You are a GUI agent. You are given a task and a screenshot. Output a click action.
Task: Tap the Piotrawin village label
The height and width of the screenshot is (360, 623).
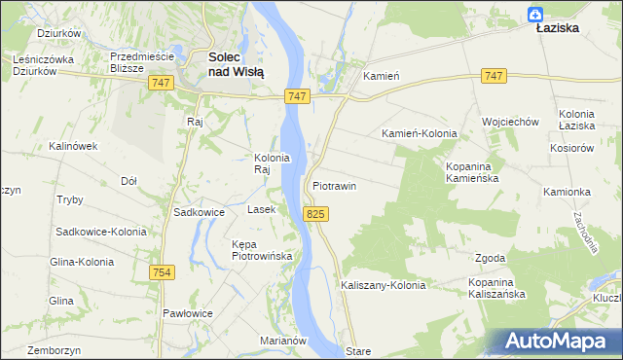(x=335, y=185)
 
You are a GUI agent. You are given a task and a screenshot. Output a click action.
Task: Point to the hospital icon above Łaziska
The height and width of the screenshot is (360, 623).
(x=534, y=13)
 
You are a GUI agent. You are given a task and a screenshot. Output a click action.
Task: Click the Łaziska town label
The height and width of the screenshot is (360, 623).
(x=558, y=28)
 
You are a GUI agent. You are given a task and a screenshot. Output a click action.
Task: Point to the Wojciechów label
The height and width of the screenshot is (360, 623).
(x=511, y=122)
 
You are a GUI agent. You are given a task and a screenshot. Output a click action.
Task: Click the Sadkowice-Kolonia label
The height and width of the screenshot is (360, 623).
(x=101, y=232)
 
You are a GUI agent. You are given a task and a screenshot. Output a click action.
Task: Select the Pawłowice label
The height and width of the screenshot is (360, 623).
(x=188, y=312)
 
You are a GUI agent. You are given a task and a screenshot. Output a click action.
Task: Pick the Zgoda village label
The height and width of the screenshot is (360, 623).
(x=490, y=258)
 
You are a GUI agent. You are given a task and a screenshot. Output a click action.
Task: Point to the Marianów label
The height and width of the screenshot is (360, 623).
(x=284, y=341)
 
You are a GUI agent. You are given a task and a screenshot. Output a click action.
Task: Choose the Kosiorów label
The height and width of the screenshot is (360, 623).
(x=571, y=147)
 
